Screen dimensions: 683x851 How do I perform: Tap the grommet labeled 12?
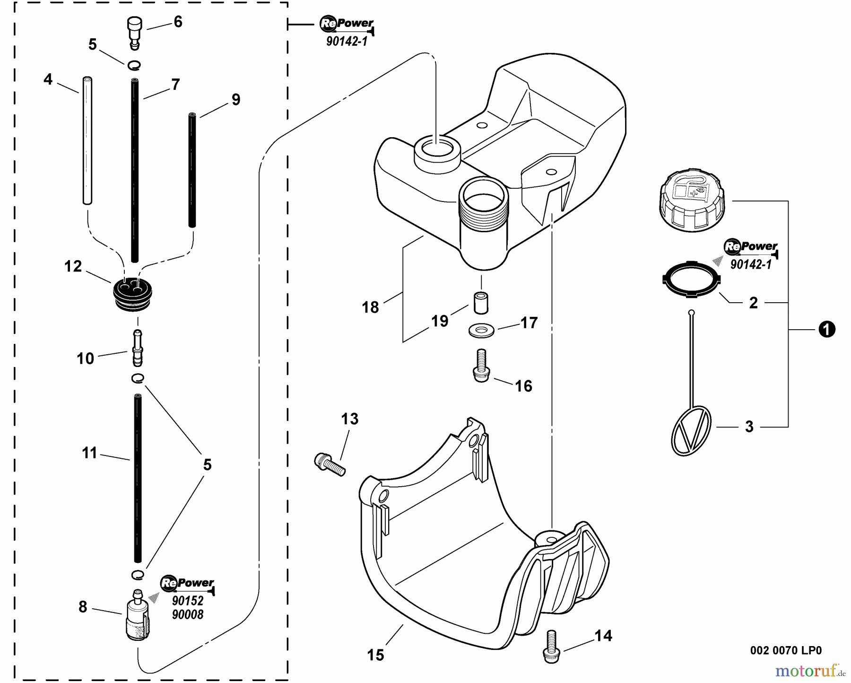[x=133, y=294]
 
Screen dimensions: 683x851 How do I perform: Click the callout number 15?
[x=376, y=655]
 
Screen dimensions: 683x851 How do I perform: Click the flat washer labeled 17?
[x=481, y=330]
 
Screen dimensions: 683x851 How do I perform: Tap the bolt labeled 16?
[x=481, y=365]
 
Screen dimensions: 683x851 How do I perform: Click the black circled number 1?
[x=826, y=329]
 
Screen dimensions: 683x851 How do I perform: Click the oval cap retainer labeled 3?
[x=691, y=429]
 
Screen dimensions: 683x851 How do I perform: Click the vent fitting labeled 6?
[x=135, y=33]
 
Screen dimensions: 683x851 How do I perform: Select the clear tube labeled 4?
[x=87, y=140]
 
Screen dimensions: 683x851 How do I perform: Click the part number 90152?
[x=187, y=601]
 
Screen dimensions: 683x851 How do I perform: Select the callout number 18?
[x=370, y=307]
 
